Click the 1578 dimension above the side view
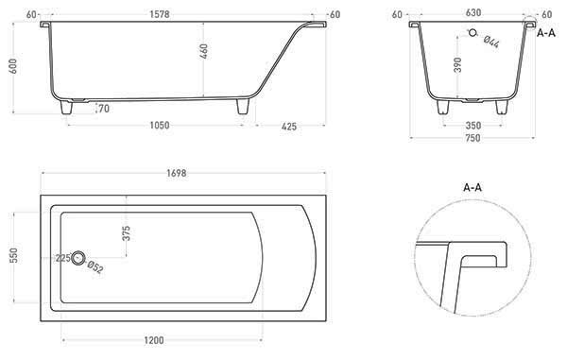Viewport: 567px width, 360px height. pos(160,14)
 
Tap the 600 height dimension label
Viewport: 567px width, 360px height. pos(12,66)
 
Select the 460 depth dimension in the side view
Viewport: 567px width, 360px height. pos(204,51)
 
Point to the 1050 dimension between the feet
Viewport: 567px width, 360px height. pos(160,125)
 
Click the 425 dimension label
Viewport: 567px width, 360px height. pos(289,127)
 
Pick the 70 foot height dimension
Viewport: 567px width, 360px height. pos(104,109)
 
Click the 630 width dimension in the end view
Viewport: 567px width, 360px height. pos(473,12)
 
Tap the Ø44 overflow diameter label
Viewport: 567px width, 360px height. pos(491,42)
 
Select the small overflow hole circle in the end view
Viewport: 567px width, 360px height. pos(472,33)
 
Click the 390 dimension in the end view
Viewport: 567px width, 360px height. pos(457,65)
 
